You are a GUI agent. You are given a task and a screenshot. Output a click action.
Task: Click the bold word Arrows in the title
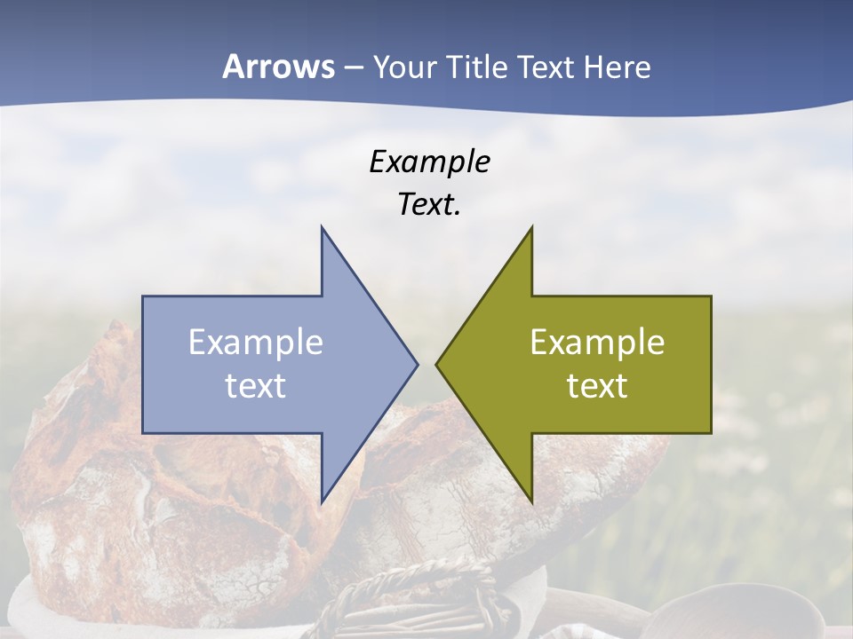coord(278,67)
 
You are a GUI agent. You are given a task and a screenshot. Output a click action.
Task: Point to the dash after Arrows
coord(353,68)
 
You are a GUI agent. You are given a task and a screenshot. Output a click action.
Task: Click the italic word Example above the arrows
coord(429,162)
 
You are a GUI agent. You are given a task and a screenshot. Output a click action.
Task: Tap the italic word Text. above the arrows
coord(429,205)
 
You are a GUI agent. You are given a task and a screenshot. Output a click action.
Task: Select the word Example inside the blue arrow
coord(256,342)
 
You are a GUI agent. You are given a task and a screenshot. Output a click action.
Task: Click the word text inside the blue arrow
coord(256,385)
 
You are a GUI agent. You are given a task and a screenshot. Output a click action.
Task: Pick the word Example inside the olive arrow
coord(597,342)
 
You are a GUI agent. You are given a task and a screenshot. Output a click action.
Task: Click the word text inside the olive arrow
coord(597,385)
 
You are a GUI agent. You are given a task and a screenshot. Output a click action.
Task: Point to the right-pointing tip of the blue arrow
coord(415,364)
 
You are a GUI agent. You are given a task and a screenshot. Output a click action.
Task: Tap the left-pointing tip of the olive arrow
coord(439,364)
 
